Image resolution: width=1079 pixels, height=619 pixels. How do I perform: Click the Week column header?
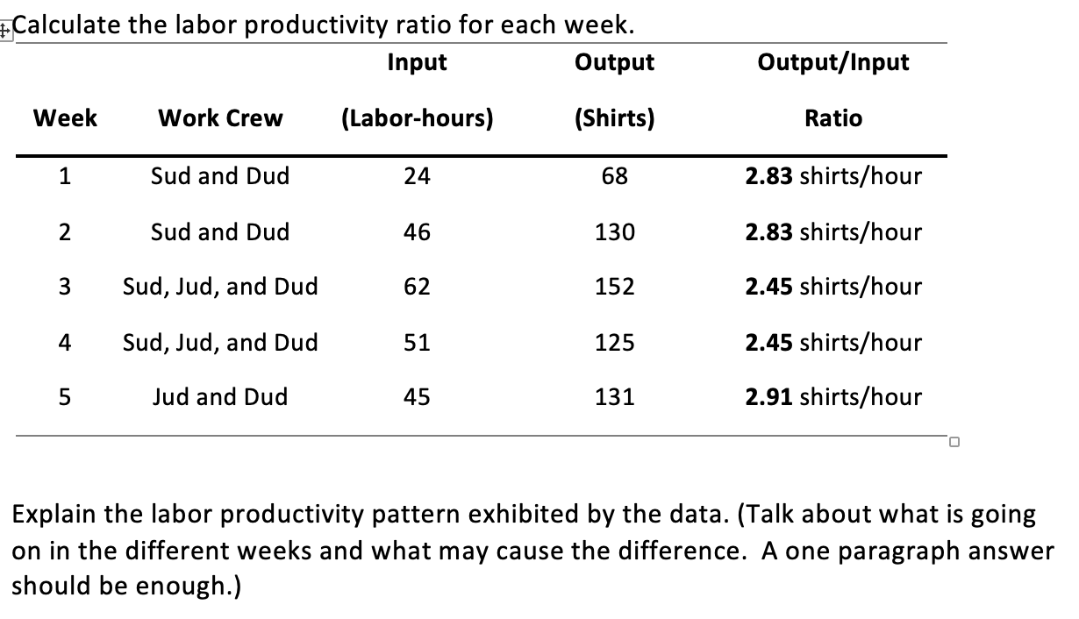[65, 118]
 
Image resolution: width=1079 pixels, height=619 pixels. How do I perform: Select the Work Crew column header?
[220, 118]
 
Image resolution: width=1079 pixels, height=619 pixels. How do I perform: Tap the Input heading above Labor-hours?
[417, 62]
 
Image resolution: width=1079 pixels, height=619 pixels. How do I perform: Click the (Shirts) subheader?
[614, 118]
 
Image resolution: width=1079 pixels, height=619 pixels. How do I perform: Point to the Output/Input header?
[832, 62]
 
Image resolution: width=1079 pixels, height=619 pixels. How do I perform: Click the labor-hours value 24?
[417, 176]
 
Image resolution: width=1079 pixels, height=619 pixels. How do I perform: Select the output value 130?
[614, 232]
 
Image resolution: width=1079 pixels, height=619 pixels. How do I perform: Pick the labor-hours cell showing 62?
[417, 287]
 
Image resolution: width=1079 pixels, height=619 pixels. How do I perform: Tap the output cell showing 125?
[614, 342]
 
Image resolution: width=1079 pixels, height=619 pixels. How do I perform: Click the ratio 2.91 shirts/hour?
[832, 397]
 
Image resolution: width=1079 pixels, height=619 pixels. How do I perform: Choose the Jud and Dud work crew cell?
[220, 397]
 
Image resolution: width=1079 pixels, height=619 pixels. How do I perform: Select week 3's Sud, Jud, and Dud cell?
[220, 287]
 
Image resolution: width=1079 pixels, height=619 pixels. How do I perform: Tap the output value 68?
[614, 176]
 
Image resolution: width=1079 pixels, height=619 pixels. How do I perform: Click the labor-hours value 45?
[417, 397]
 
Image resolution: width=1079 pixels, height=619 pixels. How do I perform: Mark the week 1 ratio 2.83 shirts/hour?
[832, 176]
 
